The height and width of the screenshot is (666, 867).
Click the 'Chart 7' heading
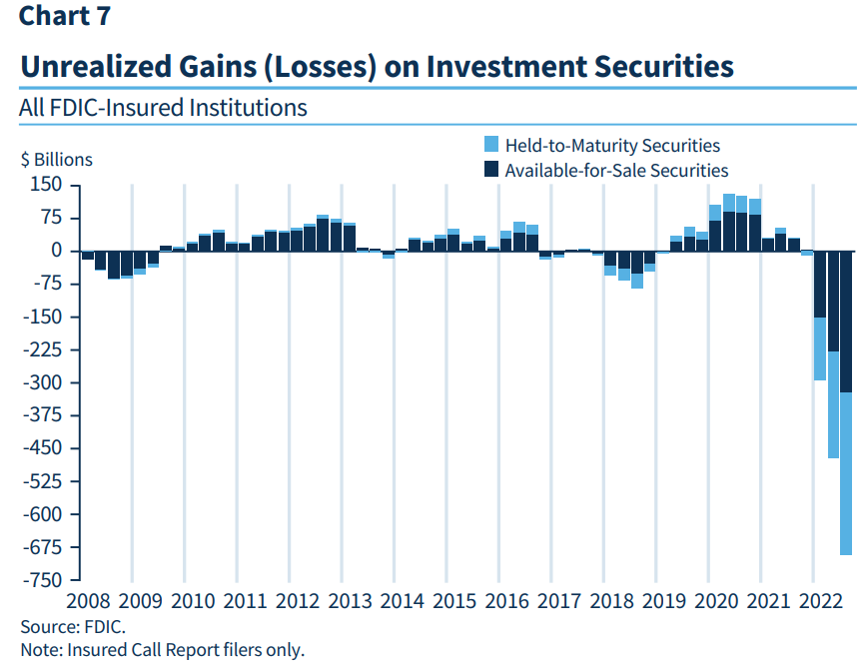pos(64,16)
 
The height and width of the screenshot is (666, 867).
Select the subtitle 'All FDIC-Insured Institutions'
pos(163,107)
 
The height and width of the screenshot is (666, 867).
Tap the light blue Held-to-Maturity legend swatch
pos(490,145)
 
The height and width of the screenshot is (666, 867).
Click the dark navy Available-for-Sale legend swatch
pos(490,170)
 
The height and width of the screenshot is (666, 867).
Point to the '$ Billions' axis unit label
pos(57,160)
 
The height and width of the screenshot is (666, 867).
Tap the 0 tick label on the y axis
pos(57,252)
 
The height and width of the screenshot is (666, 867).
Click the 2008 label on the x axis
pos(88,601)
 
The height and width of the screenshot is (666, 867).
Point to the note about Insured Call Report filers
pos(161,650)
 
